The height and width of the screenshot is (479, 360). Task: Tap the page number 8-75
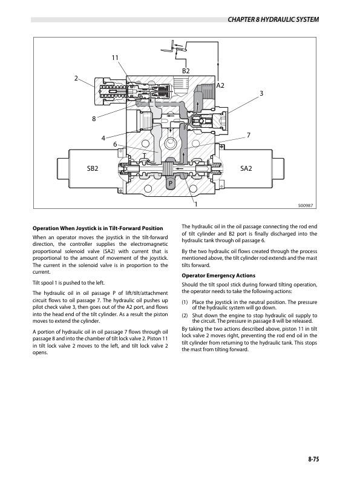(x=313, y=460)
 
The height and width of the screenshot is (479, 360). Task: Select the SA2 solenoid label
(x=247, y=168)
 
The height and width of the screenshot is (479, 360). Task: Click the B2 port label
(x=186, y=71)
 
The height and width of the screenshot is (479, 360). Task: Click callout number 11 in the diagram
(x=115, y=58)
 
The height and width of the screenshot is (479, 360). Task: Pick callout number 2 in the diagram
(x=76, y=78)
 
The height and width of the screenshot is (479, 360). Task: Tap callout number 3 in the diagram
(x=261, y=93)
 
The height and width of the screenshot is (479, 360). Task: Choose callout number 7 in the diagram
(x=249, y=134)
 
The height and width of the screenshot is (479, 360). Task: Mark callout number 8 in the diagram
(x=94, y=119)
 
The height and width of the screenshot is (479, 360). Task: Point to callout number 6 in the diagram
(x=115, y=144)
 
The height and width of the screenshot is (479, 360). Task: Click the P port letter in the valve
(x=171, y=182)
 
